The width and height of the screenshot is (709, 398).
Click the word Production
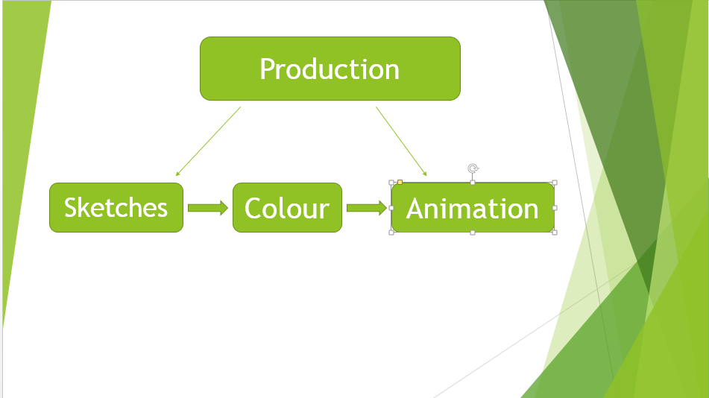click(330, 69)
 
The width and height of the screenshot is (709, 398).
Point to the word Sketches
click(116, 207)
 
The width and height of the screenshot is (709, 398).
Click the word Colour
click(287, 208)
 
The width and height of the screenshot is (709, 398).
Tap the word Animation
click(473, 209)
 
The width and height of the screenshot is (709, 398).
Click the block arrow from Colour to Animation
click(367, 208)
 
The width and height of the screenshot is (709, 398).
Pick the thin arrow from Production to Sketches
click(208, 142)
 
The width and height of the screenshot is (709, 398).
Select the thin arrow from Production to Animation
click(401, 142)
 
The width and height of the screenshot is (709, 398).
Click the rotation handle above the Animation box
click(473, 168)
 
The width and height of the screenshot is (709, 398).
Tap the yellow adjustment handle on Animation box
click(400, 182)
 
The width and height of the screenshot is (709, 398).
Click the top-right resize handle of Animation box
click(555, 183)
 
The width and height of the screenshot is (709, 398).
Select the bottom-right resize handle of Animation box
click(555, 233)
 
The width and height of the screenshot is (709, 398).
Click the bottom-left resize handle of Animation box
click(391, 233)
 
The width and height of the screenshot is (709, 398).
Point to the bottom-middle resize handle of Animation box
click(473, 233)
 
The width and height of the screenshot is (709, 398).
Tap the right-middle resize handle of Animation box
click(555, 208)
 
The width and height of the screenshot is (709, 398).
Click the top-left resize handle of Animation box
click(391, 183)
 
